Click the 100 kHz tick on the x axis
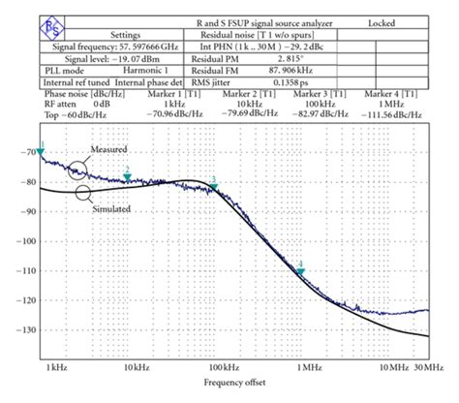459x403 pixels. (x=224, y=367)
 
